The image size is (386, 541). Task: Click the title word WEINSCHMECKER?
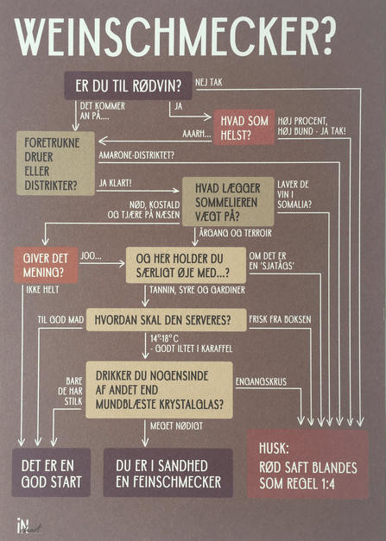point(174,36)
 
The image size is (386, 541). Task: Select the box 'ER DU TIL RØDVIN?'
point(128,85)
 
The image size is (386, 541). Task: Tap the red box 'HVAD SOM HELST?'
point(244,127)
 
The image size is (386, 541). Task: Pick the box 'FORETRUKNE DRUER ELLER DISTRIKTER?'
point(55,164)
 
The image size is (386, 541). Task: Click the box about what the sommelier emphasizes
point(228,202)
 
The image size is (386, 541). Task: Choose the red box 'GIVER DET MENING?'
point(46,265)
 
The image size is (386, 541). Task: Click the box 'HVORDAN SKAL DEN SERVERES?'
point(166,320)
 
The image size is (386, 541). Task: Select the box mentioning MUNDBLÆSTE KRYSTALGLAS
point(159,390)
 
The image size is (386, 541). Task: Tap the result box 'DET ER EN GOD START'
point(51,472)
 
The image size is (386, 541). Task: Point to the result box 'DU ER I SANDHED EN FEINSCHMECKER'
point(168,473)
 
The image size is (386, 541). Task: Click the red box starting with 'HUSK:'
point(307,464)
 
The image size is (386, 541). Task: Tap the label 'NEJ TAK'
point(209,83)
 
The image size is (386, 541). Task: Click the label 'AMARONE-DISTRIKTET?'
point(136,155)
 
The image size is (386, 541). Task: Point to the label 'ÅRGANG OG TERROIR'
point(236,233)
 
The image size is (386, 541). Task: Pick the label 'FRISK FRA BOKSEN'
point(280,319)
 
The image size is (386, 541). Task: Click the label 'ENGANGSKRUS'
point(261,381)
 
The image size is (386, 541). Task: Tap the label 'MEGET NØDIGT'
point(176,426)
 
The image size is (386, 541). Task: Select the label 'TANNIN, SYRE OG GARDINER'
point(197,290)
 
